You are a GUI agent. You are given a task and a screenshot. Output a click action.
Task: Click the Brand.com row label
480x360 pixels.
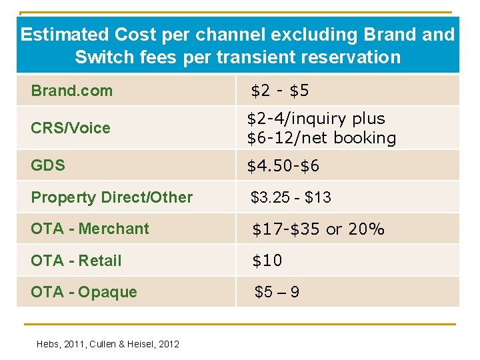pos(72,91)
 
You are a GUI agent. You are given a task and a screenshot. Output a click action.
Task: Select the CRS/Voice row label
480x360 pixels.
pos(71,128)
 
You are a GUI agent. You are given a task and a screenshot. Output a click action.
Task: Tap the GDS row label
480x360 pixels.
pos(48,165)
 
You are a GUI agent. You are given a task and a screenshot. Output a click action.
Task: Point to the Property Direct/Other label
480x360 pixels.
pos(111,197)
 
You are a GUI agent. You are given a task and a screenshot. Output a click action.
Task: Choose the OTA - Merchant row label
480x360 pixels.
pos(90,229)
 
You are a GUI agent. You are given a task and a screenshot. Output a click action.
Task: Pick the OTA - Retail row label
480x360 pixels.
pos(76,261)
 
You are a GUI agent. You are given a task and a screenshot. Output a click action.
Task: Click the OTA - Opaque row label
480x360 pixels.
pos(84,292)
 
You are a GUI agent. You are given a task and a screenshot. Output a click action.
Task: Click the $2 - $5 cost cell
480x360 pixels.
pos(279,91)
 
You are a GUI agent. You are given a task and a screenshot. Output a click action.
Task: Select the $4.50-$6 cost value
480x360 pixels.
pos(283,165)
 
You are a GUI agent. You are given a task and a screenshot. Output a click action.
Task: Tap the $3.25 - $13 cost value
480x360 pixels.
pos(291,197)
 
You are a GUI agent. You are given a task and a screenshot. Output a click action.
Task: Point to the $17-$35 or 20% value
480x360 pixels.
pos(318,229)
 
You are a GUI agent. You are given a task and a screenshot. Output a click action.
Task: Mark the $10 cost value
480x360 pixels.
pos(267,261)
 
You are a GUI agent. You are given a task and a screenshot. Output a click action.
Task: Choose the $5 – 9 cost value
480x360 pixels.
pos(277,292)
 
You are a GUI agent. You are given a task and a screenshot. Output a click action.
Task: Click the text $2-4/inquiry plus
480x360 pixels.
pos(316,119)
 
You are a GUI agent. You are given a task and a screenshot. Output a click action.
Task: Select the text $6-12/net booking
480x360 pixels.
pos(321,138)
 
